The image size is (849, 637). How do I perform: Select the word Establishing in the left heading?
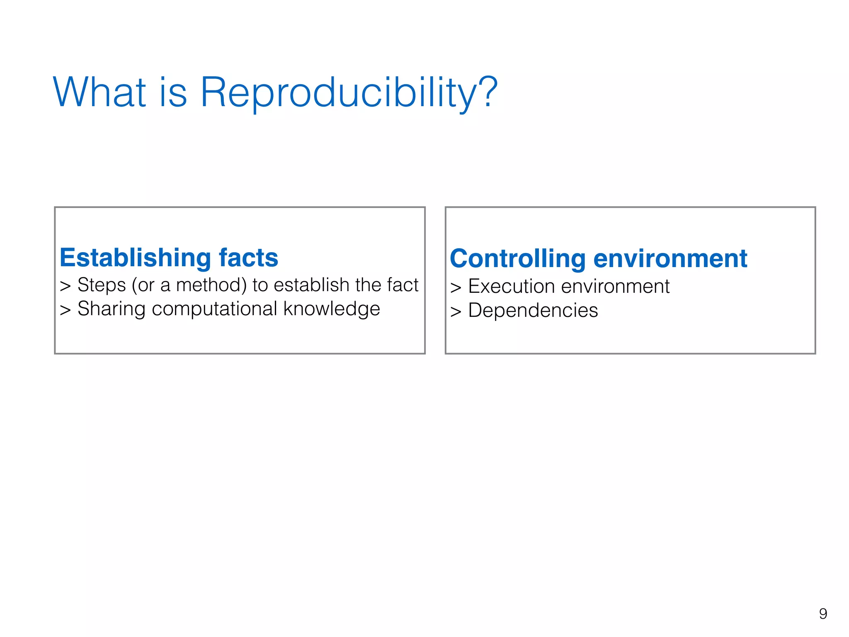(135, 258)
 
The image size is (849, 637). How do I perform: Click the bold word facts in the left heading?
(248, 258)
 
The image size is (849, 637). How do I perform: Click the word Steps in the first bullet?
(102, 285)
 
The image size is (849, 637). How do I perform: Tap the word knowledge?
(332, 309)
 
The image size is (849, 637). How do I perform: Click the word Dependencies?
(533, 311)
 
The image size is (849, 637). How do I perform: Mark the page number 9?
(823, 613)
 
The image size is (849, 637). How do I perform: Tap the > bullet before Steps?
(65, 287)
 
